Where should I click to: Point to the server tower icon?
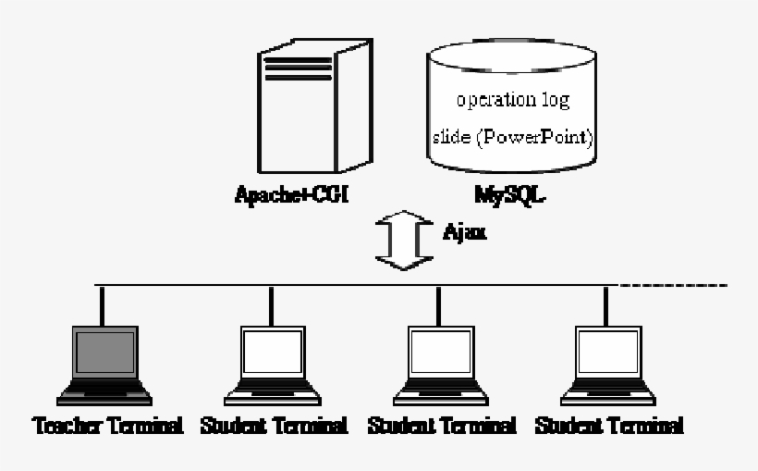[294, 111]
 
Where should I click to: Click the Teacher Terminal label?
[106, 427]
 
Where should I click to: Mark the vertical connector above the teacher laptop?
[102, 304]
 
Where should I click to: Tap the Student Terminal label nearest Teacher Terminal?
[274, 427]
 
